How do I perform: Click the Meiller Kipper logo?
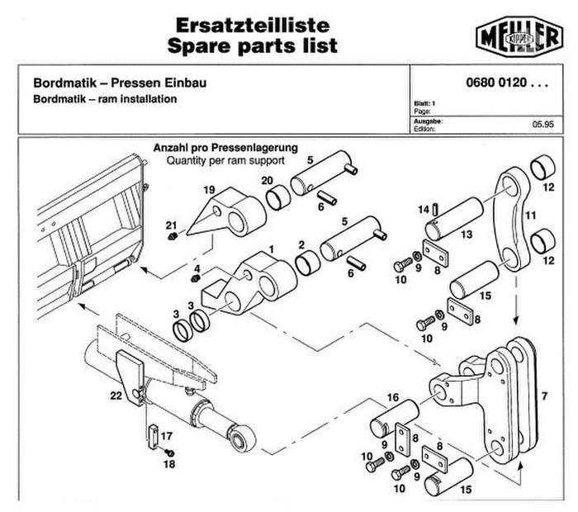(x=519, y=36)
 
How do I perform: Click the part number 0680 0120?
(x=496, y=83)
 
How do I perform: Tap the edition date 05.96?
(x=542, y=124)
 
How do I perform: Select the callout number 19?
(x=209, y=190)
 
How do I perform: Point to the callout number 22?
(x=116, y=396)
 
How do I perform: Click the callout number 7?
(x=544, y=396)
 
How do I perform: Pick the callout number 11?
(x=530, y=215)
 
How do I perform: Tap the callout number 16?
(x=393, y=397)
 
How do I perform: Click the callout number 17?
(x=167, y=436)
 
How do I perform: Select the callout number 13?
(x=467, y=234)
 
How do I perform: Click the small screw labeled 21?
(x=172, y=236)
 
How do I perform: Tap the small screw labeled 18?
(x=170, y=453)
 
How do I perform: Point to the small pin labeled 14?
(x=435, y=209)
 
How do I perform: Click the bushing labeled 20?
(x=278, y=197)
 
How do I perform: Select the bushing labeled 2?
(x=308, y=263)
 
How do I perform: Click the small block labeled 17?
(x=153, y=437)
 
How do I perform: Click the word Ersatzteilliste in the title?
(x=253, y=25)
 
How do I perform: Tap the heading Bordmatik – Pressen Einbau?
(x=120, y=83)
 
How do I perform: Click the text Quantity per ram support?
(x=225, y=161)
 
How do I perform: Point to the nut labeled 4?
(x=196, y=278)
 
